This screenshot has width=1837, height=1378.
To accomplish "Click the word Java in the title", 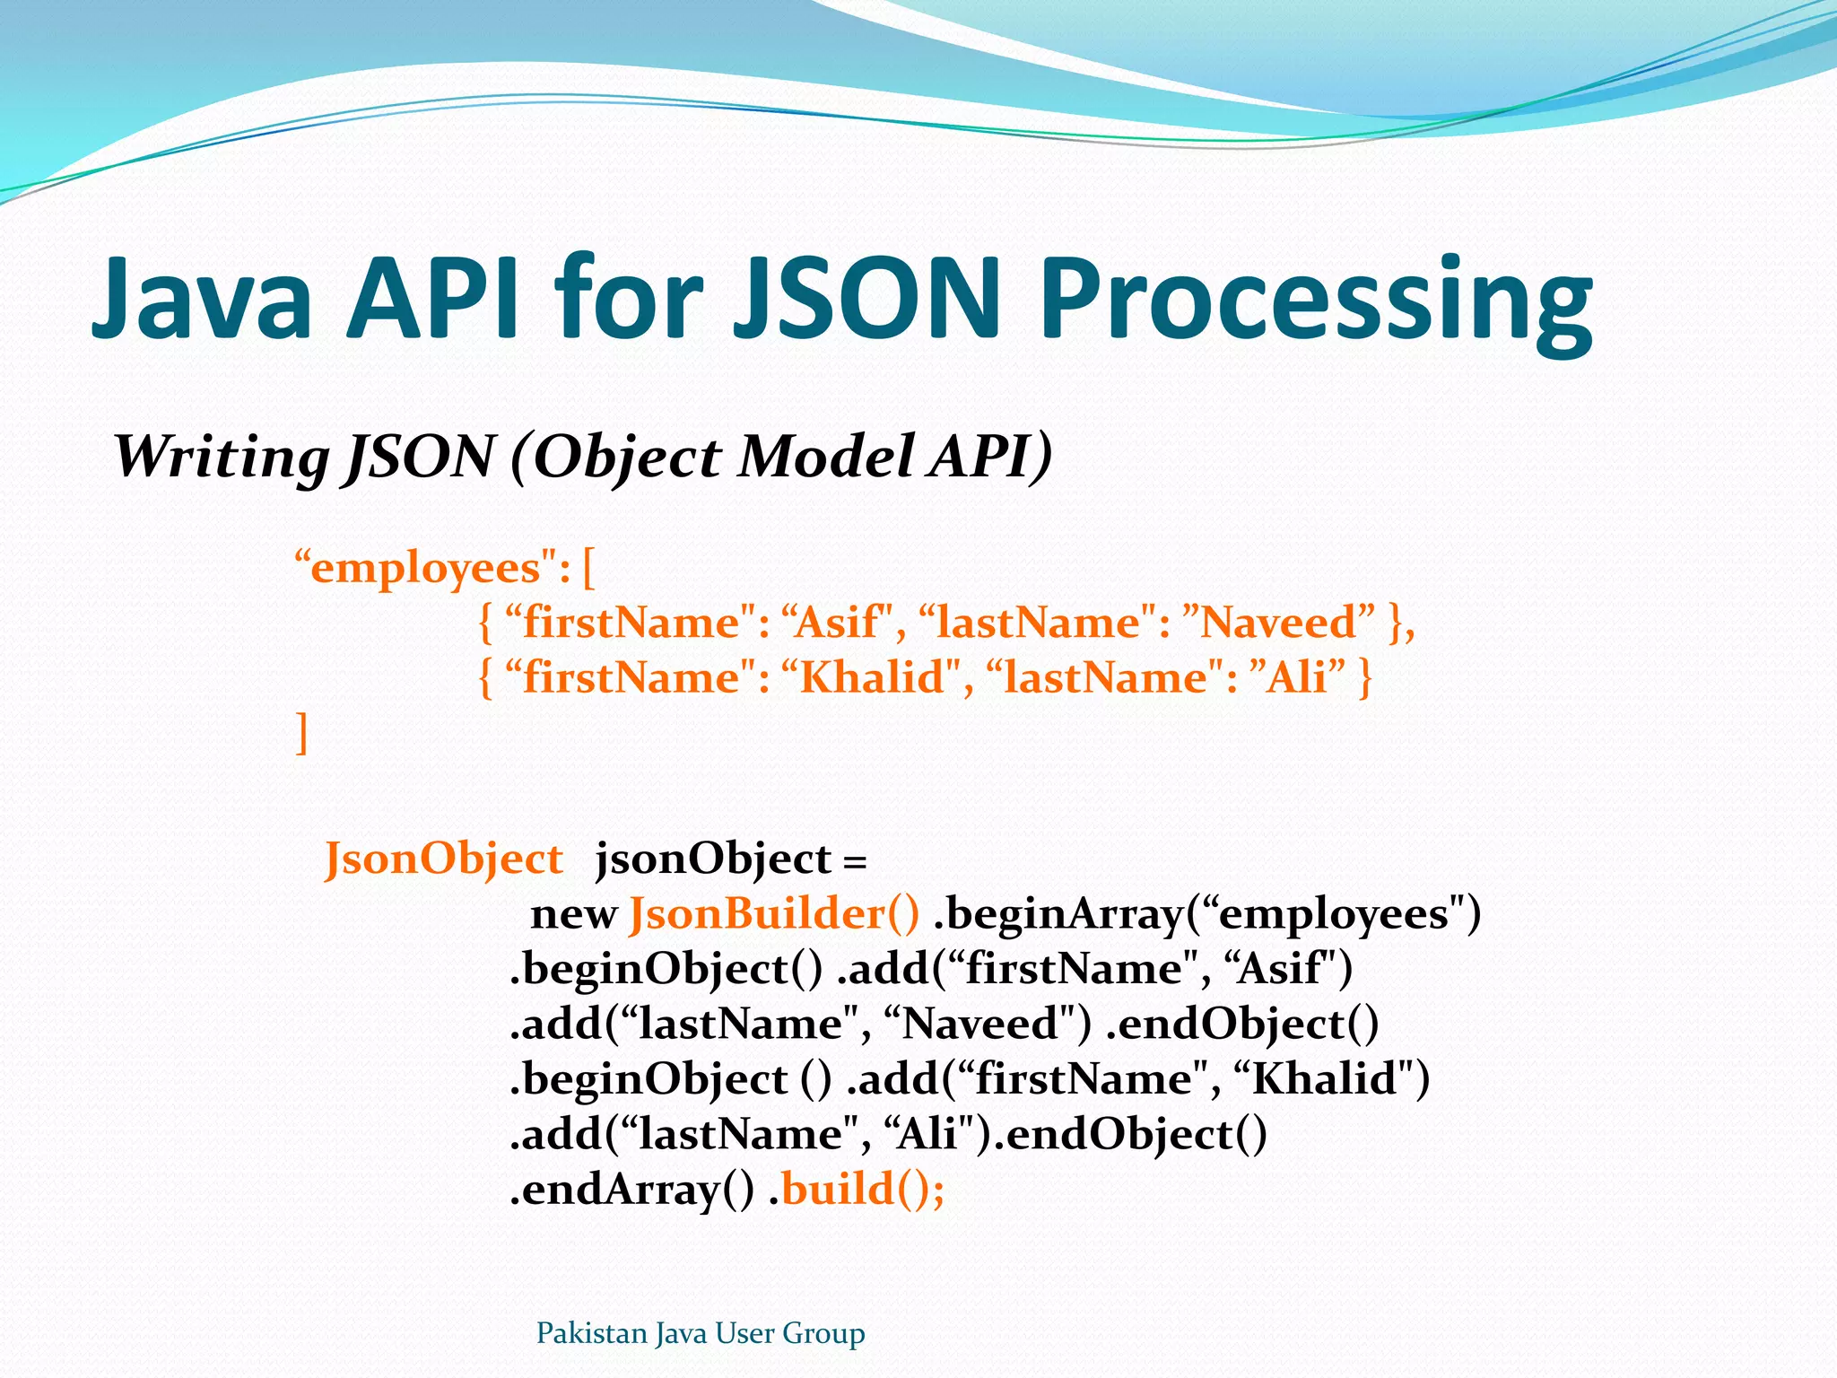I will (x=201, y=299).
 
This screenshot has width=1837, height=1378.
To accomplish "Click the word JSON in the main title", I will (x=866, y=299).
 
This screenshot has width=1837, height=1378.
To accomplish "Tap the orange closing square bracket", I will (x=302, y=733).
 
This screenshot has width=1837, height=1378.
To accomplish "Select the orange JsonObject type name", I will (x=443, y=859).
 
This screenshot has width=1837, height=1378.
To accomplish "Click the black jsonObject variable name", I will (x=713, y=859).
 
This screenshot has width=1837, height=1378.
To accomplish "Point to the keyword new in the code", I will (x=573, y=914).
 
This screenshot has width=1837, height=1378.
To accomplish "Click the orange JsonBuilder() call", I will (x=774, y=914).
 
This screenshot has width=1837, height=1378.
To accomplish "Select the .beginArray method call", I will (x=1058, y=914).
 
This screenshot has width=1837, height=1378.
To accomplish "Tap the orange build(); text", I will (x=863, y=1190).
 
